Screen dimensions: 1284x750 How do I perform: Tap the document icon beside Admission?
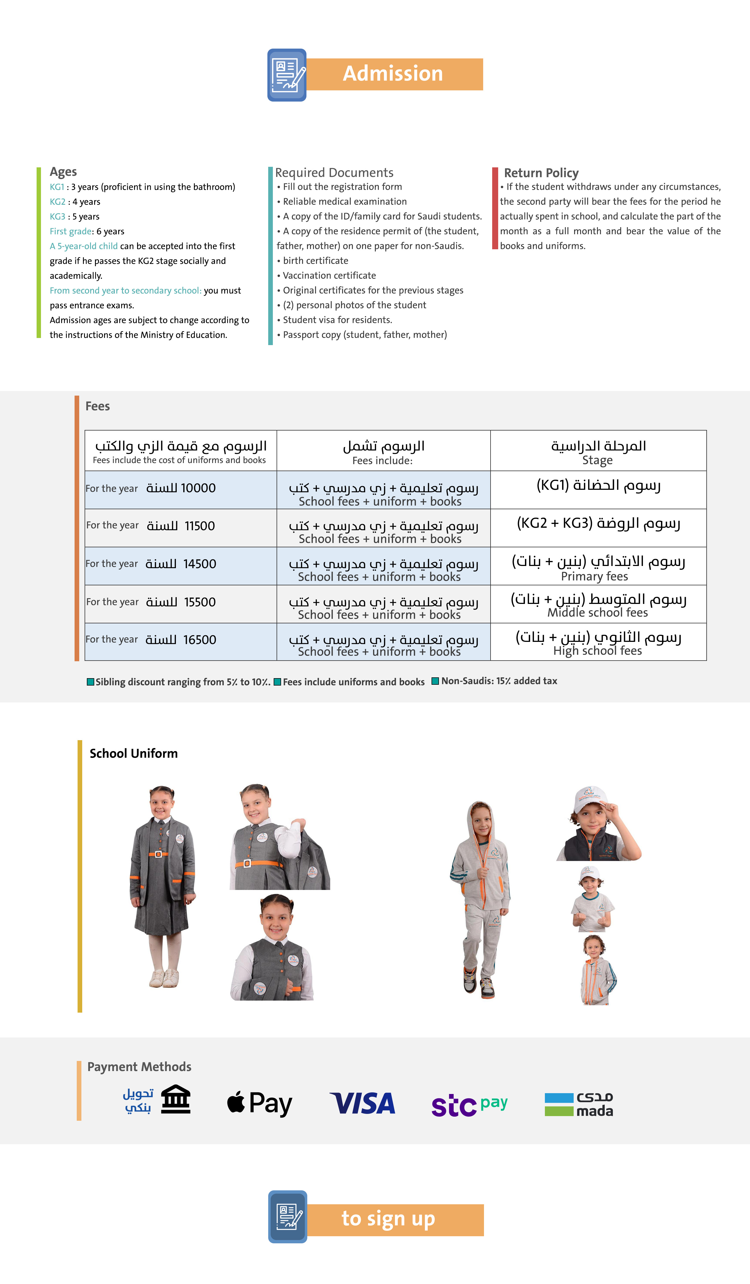287,75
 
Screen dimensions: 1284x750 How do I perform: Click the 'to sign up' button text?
388,1219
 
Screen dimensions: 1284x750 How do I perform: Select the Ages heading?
63,172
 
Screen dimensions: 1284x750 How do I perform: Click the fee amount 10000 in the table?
198,488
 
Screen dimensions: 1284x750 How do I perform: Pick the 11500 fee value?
199,526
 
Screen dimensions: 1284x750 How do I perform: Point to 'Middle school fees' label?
598,612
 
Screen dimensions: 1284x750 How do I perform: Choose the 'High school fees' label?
598,651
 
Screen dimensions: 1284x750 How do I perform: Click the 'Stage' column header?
598,461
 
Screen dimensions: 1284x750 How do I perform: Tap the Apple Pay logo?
259,1103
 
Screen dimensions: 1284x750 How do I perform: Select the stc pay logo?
469,1105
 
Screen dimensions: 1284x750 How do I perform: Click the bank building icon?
175,1099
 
